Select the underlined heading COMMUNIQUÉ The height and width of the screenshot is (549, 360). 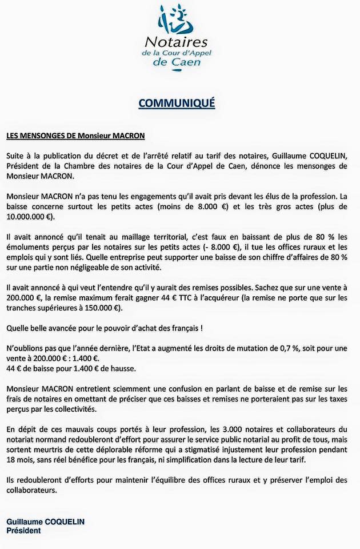pyautogui.click(x=177, y=103)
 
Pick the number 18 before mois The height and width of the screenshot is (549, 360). pyautogui.click(x=12, y=460)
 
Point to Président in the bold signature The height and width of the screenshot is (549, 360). pyautogui.click(x=23, y=531)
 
